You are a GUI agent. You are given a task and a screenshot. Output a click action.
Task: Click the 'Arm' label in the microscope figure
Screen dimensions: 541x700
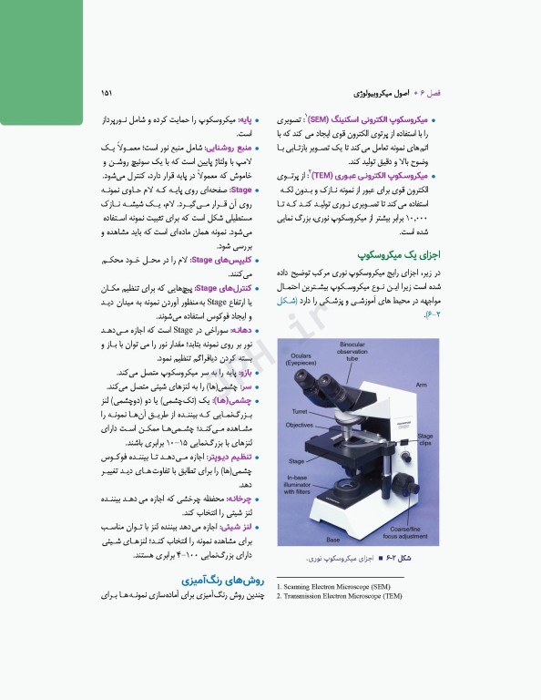(x=421, y=385)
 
